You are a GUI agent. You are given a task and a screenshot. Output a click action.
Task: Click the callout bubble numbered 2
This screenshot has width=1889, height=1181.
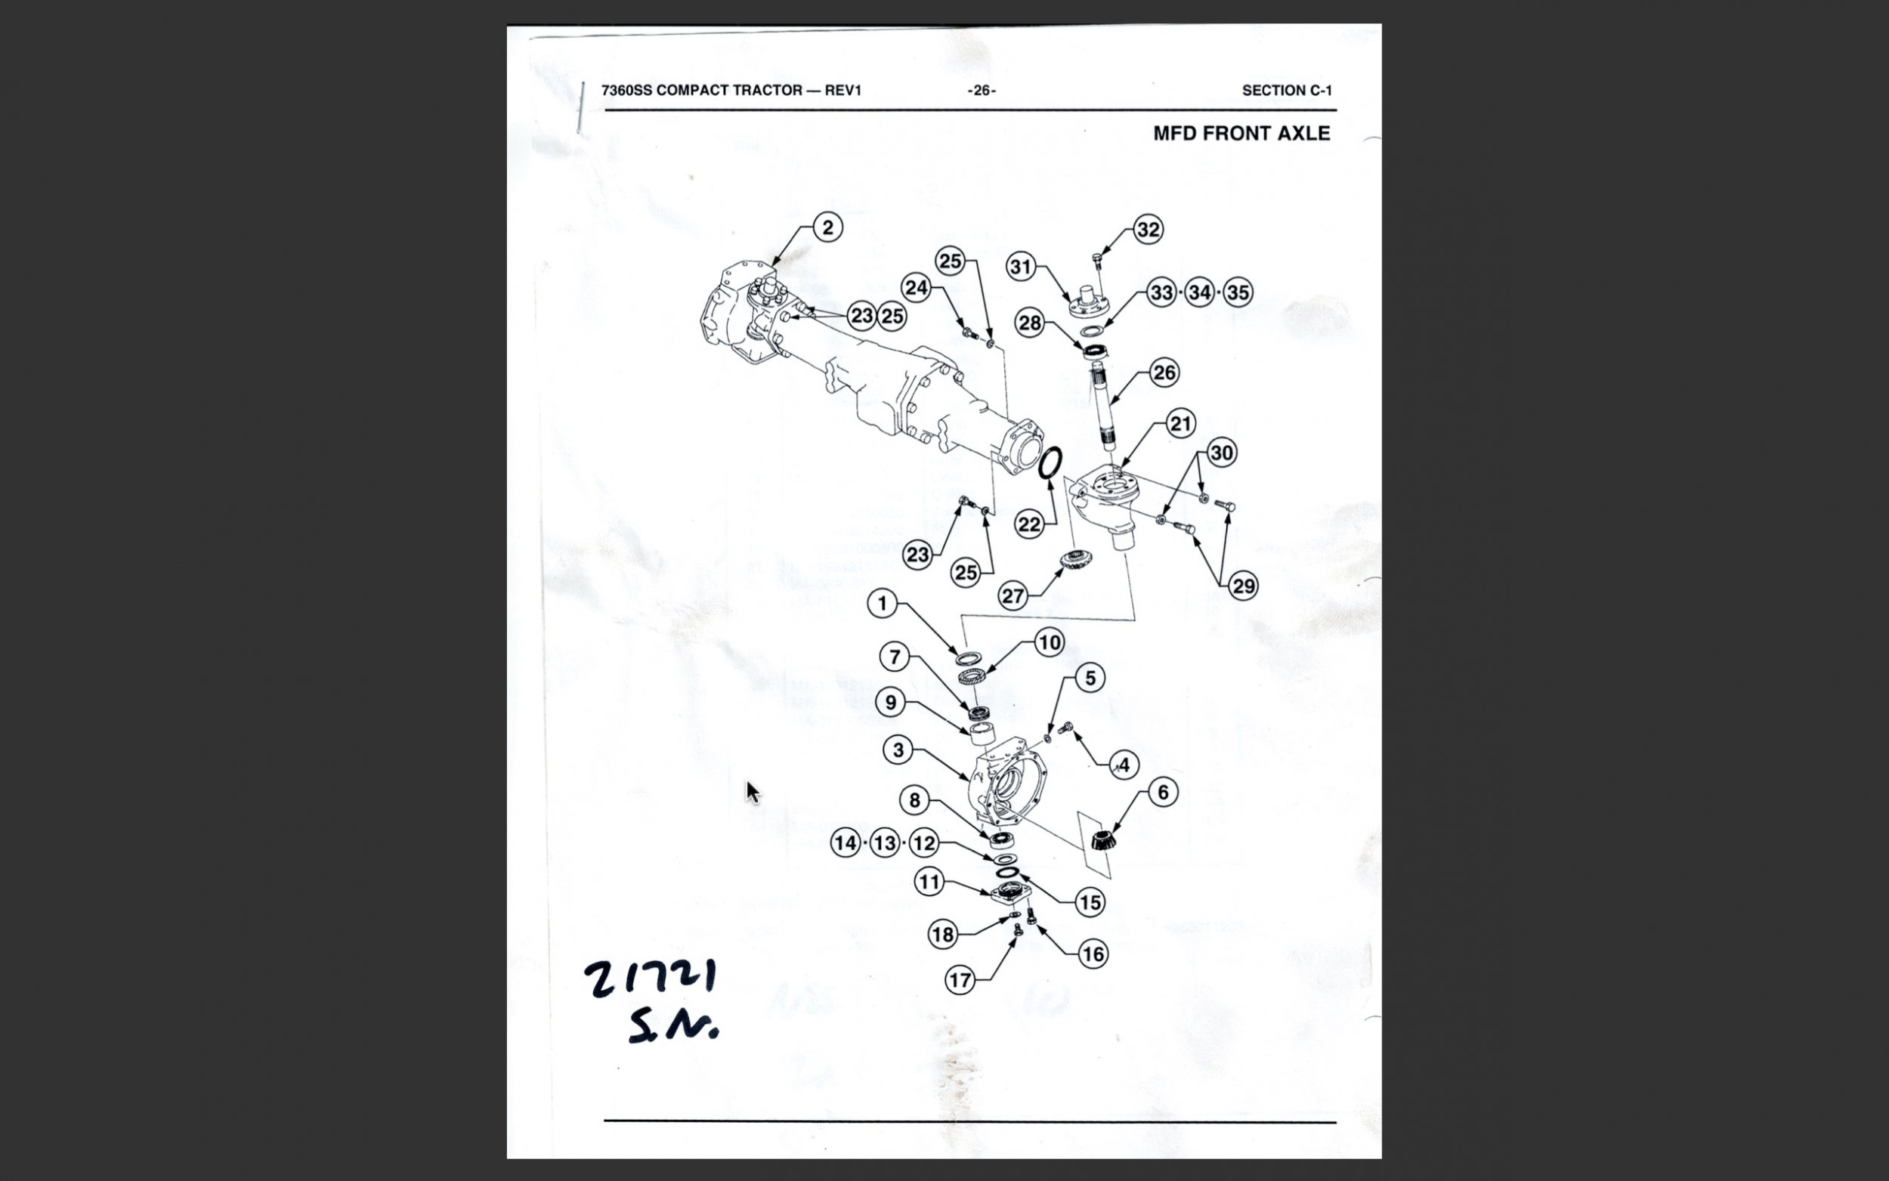pyautogui.click(x=827, y=227)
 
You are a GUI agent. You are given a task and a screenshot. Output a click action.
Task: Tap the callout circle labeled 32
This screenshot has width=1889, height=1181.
pyautogui.click(x=1148, y=230)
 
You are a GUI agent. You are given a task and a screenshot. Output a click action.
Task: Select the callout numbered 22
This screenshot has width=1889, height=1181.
pyautogui.click(x=1029, y=524)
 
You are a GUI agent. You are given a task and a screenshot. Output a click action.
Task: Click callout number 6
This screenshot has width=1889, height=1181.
pyautogui.click(x=1163, y=792)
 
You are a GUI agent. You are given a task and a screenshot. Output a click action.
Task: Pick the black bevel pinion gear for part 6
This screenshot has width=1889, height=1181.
pyautogui.click(x=1102, y=841)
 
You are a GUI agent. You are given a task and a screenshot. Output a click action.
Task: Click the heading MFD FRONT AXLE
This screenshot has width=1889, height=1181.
pyautogui.click(x=1241, y=134)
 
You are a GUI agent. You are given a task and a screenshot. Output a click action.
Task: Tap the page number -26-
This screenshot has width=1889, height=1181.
pyautogui.click(x=982, y=91)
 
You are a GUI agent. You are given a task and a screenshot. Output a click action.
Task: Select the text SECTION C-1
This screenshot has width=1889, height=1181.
pyautogui.click(x=1287, y=91)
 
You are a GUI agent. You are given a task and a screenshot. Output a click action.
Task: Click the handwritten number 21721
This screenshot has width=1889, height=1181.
pyautogui.click(x=651, y=978)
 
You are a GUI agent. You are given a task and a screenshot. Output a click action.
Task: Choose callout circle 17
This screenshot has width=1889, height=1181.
pyautogui.click(x=960, y=979)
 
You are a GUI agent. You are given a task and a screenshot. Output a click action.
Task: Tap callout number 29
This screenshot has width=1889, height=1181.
pyautogui.click(x=1243, y=586)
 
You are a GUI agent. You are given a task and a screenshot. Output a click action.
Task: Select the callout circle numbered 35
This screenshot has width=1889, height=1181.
pyautogui.click(x=1238, y=293)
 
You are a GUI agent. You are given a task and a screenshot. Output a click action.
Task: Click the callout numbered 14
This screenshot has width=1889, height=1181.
pyautogui.click(x=846, y=842)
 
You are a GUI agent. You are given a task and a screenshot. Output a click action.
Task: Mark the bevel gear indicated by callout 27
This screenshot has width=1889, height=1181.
pyautogui.click(x=1074, y=559)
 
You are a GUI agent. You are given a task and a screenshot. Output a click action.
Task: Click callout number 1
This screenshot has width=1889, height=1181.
pyautogui.click(x=883, y=604)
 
